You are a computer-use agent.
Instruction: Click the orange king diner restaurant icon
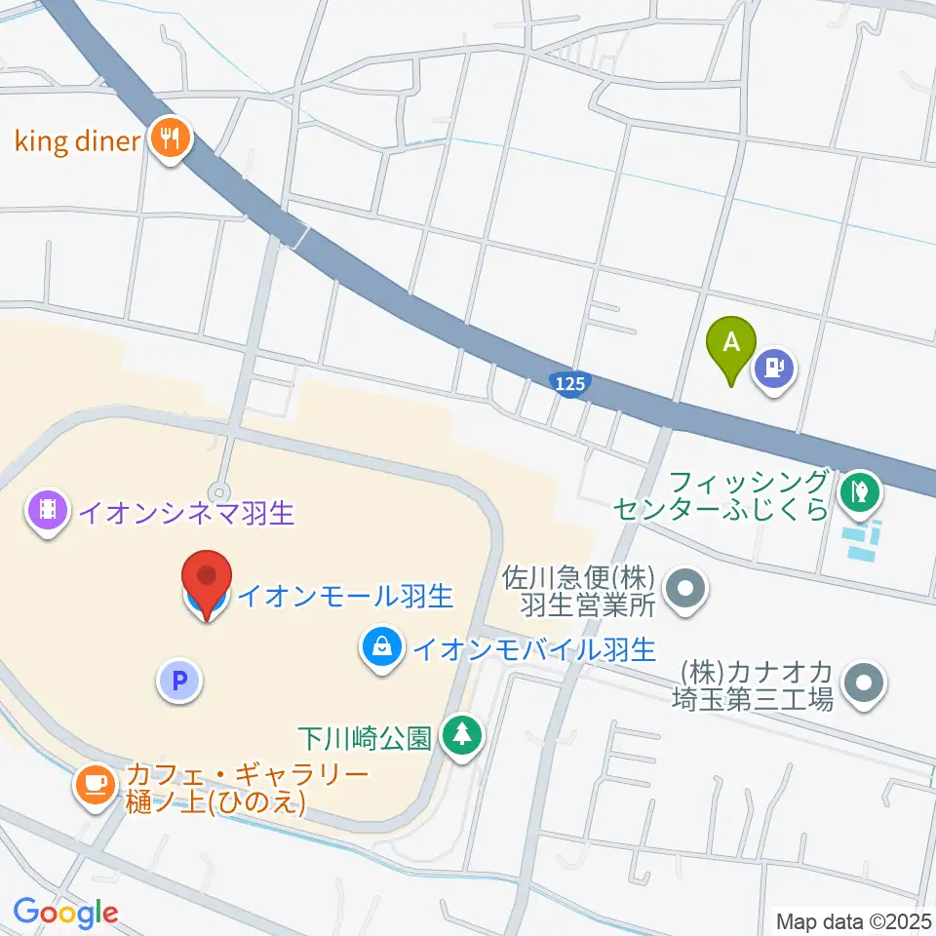click(x=172, y=139)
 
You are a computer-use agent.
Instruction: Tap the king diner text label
click(x=78, y=141)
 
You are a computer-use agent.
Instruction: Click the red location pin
click(x=208, y=581)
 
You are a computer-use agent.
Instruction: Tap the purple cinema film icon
click(x=46, y=511)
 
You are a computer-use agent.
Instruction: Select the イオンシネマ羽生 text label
click(x=186, y=512)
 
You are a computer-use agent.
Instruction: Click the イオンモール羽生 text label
click(x=346, y=594)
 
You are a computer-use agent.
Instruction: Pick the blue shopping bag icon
click(x=380, y=646)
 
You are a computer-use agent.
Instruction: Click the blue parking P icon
click(x=178, y=681)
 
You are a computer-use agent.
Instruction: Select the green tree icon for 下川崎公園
click(x=461, y=735)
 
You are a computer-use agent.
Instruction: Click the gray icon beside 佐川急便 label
click(x=686, y=590)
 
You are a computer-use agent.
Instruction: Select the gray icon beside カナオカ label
click(x=863, y=683)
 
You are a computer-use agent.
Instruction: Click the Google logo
click(x=66, y=913)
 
